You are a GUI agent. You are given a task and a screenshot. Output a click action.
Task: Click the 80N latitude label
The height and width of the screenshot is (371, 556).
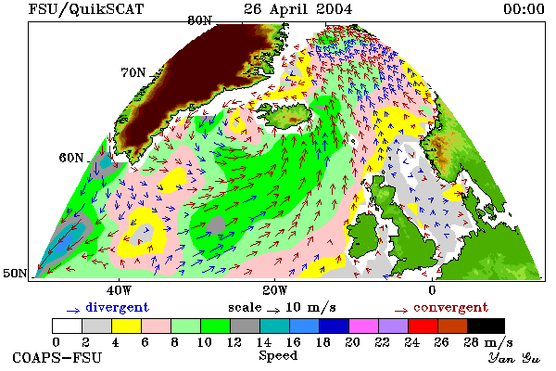point(199,20)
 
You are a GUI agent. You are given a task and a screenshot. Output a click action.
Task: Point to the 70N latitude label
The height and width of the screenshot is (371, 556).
point(133,72)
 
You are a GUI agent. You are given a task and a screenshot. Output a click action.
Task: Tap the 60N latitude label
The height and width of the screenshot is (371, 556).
point(71,158)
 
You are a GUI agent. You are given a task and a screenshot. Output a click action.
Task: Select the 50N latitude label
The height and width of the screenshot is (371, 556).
point(15,273)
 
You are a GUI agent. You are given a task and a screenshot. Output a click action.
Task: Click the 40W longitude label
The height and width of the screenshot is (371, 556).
point(119,290)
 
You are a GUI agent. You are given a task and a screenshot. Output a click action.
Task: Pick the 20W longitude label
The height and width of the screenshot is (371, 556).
point(274,290)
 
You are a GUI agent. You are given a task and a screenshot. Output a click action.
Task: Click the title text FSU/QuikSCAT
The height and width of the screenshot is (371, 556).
point(86,9)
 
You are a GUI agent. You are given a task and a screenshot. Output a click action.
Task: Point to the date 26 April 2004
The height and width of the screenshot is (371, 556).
point(297,9)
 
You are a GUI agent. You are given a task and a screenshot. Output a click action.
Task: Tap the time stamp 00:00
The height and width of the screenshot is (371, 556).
point(524,9)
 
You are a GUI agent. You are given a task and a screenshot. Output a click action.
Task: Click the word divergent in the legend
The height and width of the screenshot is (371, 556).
point(117,307)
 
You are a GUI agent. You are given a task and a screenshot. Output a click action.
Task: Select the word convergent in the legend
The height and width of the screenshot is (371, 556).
point(450,307)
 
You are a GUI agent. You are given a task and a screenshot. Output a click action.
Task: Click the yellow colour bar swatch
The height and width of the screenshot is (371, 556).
point(126,326)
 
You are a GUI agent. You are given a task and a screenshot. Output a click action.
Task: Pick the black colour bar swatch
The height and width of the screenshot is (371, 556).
point(486,326)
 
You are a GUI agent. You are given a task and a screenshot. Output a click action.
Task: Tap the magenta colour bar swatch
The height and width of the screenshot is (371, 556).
point(363,326)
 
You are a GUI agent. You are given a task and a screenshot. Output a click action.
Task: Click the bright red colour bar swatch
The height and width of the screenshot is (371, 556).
point(423,326)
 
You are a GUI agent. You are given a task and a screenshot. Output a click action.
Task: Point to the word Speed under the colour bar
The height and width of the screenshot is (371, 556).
point(278,356)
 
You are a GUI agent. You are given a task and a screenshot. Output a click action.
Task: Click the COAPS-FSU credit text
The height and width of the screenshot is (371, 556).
point(57,357)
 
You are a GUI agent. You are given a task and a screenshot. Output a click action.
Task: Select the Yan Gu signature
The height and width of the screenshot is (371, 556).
point(513,358)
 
